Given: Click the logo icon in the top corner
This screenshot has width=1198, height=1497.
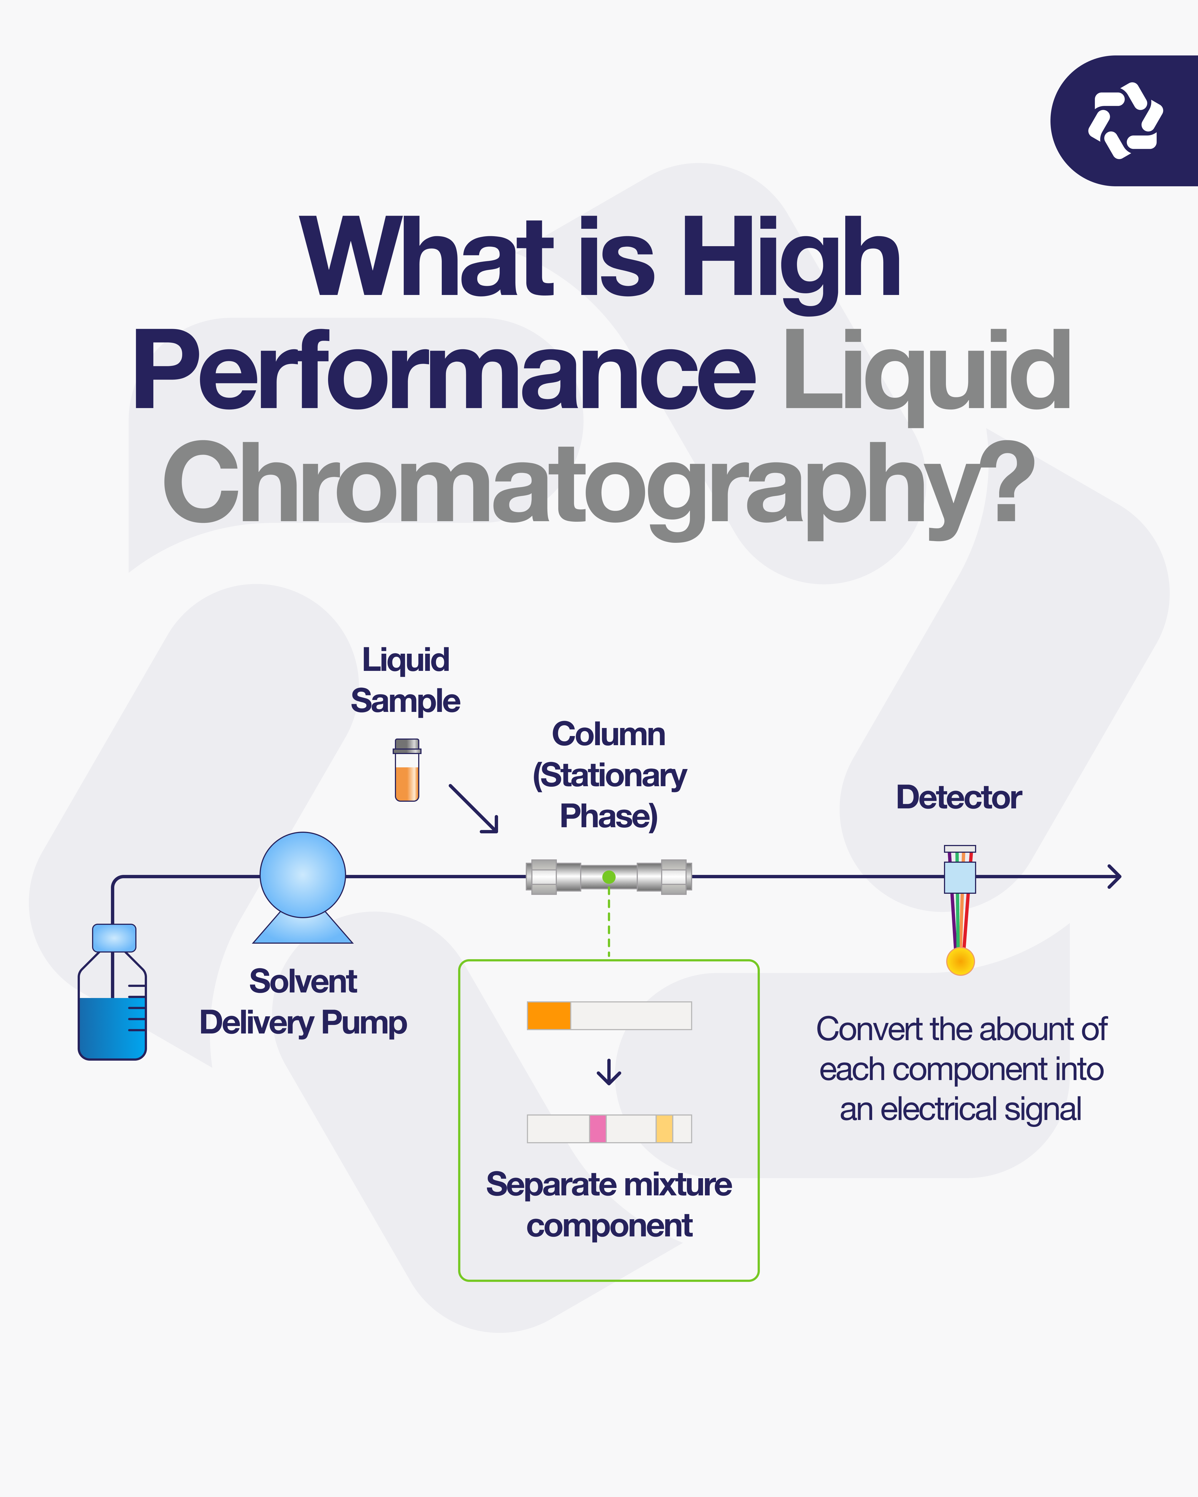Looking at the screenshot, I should coord(1125,121).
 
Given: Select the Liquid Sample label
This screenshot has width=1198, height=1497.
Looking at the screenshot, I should coord(406,681).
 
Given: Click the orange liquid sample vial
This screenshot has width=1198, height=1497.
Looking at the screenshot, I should coord(407,771).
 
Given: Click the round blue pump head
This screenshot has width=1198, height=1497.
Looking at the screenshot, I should coord(303,875).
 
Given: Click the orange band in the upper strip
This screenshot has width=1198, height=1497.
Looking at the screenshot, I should coord(549,1015).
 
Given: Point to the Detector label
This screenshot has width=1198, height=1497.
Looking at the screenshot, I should coord(958,797).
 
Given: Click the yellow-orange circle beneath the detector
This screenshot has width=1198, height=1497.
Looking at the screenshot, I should coord(961,961).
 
